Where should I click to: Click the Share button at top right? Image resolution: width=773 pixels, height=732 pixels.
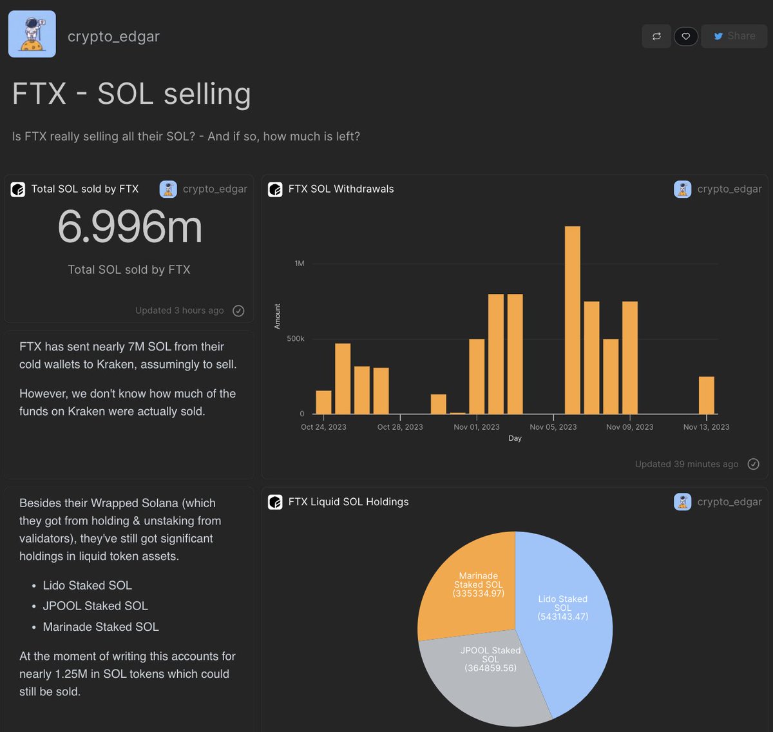[734, 36]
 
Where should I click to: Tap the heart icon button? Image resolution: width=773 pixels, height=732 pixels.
[685, 36]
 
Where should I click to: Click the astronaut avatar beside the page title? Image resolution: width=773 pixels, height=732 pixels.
[32, 34]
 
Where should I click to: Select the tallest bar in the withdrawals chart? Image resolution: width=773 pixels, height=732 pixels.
[572, 320]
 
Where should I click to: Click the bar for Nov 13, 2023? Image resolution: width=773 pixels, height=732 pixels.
[706, 395]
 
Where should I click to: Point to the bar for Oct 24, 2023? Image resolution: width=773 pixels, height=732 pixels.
[323, 402]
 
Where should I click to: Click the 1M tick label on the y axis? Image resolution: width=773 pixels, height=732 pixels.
[300, 264]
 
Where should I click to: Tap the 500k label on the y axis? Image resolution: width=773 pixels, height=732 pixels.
[296, 339]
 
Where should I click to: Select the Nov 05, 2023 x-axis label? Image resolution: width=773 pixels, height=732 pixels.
[553, 427]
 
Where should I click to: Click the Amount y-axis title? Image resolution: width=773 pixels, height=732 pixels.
[278, 316]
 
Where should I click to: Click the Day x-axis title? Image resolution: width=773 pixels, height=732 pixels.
[515, 438]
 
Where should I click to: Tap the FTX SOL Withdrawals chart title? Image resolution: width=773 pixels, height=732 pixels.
[341, 189]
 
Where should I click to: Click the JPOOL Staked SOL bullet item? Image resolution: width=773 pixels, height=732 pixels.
[95, 606]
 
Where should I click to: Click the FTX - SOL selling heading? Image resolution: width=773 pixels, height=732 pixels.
[131, 94]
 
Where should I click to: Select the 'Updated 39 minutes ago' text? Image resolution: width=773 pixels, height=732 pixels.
[686, 464]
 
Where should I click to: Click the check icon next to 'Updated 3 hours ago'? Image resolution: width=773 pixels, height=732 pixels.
[238, 311]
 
